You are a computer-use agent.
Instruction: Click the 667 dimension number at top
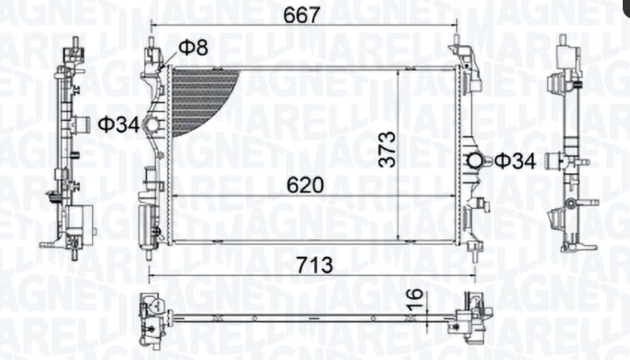tap(302, 15)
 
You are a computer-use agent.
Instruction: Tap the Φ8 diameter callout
tap(193, 48)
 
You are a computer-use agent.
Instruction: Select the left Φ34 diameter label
tap(118, 125)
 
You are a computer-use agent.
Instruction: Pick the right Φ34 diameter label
tap(515, 161)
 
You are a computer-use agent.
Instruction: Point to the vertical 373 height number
tap(388, 149)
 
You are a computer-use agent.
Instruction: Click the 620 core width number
tap(305, 185)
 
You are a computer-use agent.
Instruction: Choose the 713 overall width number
tap(315, 265)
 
